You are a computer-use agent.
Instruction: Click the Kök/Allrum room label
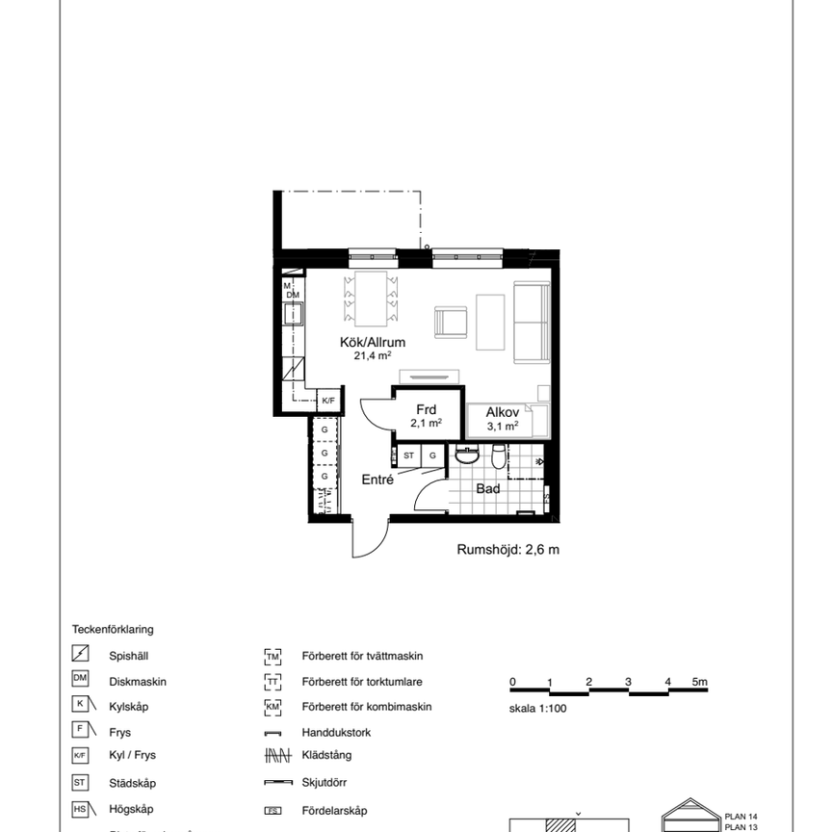(x=372, y=342)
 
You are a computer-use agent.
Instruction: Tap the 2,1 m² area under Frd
(x=426, y=423)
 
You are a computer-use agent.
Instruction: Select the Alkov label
(x=502, y=411)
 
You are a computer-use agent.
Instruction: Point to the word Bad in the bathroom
(x=488, y=488)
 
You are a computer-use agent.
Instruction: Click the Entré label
(x=377, y=480)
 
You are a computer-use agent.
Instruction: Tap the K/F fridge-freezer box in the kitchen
(x=328, y=401)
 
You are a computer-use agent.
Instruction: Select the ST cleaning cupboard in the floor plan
(x=409, y=455)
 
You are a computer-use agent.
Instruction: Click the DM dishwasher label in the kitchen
(x=293, y=295)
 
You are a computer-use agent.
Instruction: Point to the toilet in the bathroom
(x=497, y=456)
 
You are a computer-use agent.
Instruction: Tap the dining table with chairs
(x=371, y=297)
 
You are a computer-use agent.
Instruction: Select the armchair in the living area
(x=450, y=322)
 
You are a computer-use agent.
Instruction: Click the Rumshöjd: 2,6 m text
(x=507, y=550)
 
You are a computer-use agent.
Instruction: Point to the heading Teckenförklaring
(x=113, y=630)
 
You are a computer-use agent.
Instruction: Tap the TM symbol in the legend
(x=272, y=657)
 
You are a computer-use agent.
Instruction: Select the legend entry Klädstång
(x=323, y=759)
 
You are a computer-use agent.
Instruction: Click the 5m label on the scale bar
(x=699, y=682)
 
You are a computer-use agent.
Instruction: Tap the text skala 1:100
(x=539, y=708)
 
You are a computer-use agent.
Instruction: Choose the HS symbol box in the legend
(x=82, y=810)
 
